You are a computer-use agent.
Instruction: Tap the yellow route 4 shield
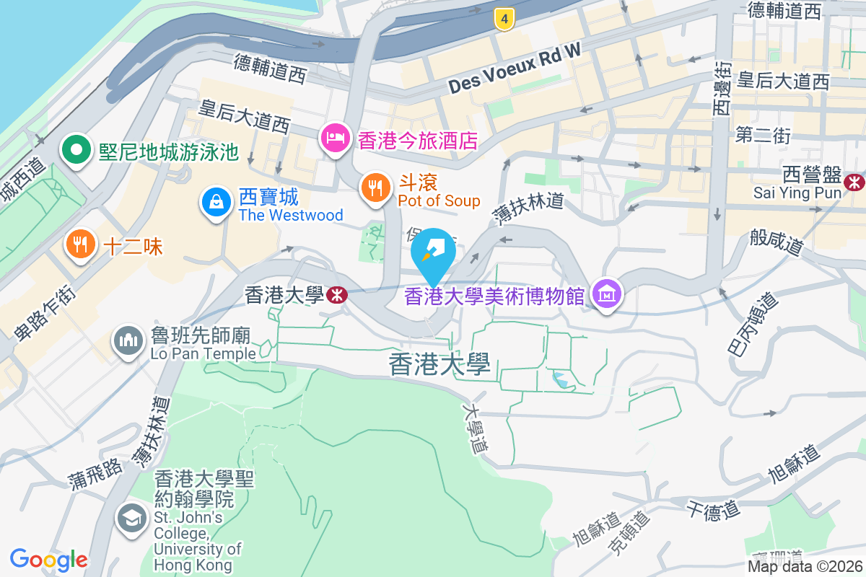coord(504,19)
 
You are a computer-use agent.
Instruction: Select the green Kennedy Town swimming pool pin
coord(75,151)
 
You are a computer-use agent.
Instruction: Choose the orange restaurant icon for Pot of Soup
coord(375,188)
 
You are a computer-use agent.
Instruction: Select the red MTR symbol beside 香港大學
coord(336,294)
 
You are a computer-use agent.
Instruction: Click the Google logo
coord(48,560)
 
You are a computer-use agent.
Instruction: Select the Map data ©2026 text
coord(804,567)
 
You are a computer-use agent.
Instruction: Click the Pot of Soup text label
coord(439,201)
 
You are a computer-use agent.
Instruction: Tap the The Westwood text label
coord(291,215)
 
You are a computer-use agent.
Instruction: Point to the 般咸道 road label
coord(777,242)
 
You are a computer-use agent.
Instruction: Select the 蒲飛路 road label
coord(97,472)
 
